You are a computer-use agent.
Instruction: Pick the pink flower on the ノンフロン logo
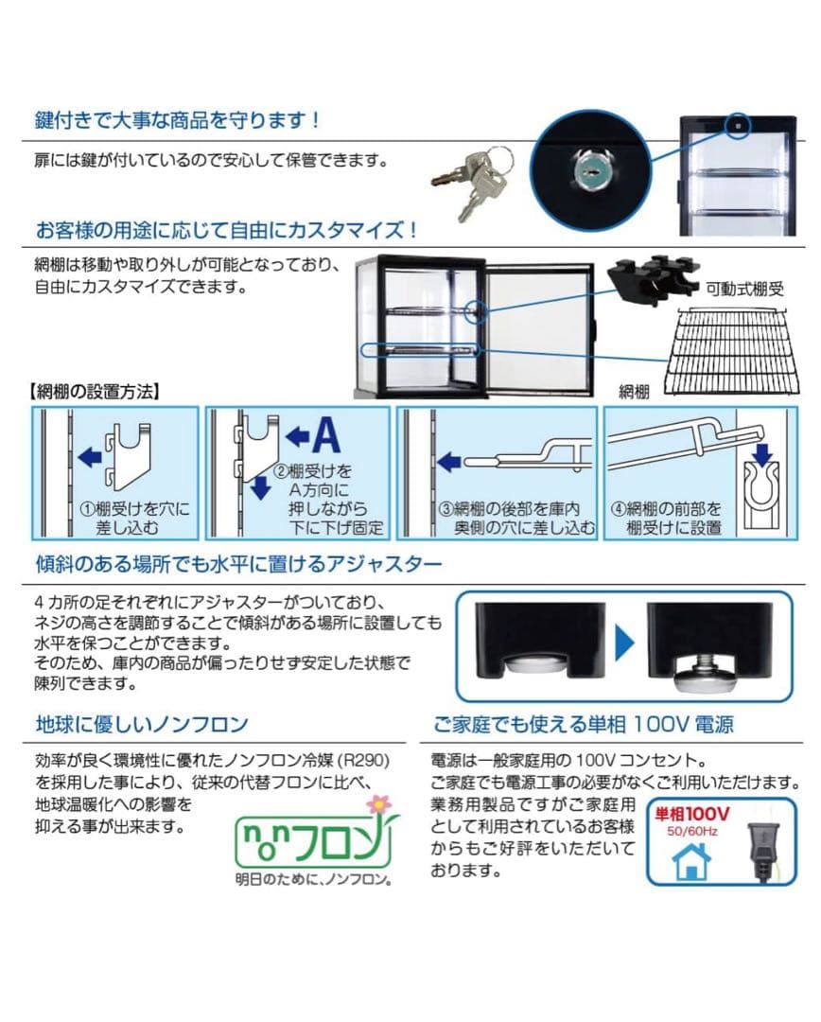point(378,805)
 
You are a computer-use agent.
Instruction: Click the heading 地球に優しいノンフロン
point(141,725)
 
